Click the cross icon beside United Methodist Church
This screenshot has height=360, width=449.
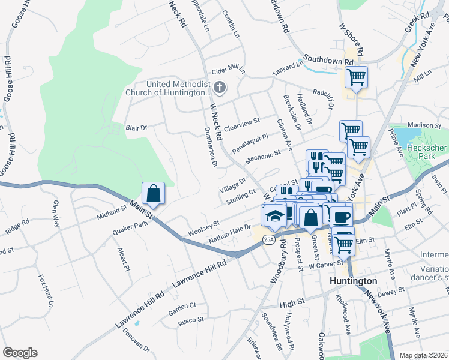(x=220, y=88)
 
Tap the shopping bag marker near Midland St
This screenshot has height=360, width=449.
(x=153, y=193)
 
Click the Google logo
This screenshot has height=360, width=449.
(x=20, y=353)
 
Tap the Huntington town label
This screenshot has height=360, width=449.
(x=354, y=281)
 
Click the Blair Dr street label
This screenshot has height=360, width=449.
(x=136, y=127)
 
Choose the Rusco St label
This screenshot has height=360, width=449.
(x=193, y=320)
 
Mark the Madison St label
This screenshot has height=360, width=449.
(x=424, y=125)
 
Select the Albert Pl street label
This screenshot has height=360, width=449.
(x=124, y=258)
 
